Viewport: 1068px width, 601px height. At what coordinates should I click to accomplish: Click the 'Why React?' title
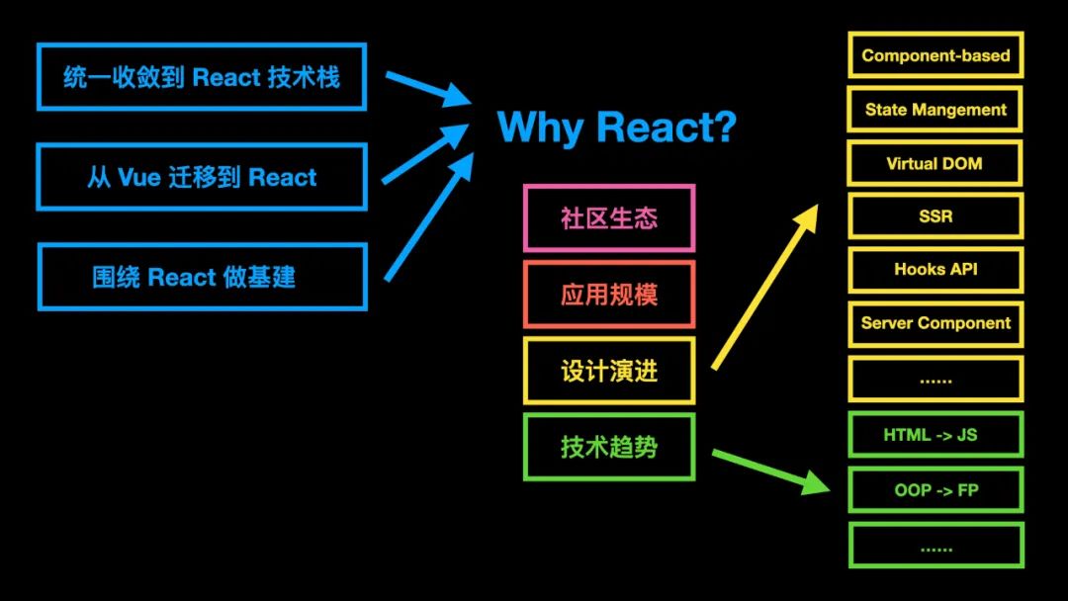pyautogui.click(x=616, y=128)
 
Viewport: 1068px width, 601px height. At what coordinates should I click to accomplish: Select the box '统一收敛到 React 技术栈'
pyautogui.click(x=202, y=76)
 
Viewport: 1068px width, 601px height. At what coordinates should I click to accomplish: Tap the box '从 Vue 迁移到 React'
pyautogui.click(x=202, y=177)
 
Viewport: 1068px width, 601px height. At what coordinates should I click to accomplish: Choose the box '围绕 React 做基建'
pyautogui.click(x=202, y=277)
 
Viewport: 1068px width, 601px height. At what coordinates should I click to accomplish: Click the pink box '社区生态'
pyautogui.click(x=609, y=218)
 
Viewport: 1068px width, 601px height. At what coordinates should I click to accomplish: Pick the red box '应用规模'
pyautogui.click(x=609, y=295)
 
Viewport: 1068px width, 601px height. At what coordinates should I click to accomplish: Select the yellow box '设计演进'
pyautogui.click(x=609, y=371)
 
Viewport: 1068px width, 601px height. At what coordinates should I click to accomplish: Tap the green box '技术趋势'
pyautogui.click(x=609, y=447)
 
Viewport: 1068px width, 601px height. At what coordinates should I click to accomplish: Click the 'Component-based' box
pyautogui.click(x=935, y=55)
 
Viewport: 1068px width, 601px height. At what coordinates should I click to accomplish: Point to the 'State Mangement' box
pyautogui.click(x=935, y=110)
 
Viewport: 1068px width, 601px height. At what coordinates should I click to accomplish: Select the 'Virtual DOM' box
pyautogui.click(x=935, y=163)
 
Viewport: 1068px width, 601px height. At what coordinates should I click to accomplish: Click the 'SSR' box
pyautogui.click(x=935, y=216)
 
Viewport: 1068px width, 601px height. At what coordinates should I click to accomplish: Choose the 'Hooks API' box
pyautogui.click(x=935, y=269)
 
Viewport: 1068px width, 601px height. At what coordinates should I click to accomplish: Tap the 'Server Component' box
pyautogui.click(x=935, y=323)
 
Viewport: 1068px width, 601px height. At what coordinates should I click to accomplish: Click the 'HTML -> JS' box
pyautogui.click(x=935, y=435)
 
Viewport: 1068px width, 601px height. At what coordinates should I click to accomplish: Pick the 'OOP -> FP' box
pyautogui.click(x=935, y=490)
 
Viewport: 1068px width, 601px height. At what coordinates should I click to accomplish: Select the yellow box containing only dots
pyautogui.click(x=935, y=379)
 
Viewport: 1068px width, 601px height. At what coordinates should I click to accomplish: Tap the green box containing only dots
pyautogui.click(x=935, y=546)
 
